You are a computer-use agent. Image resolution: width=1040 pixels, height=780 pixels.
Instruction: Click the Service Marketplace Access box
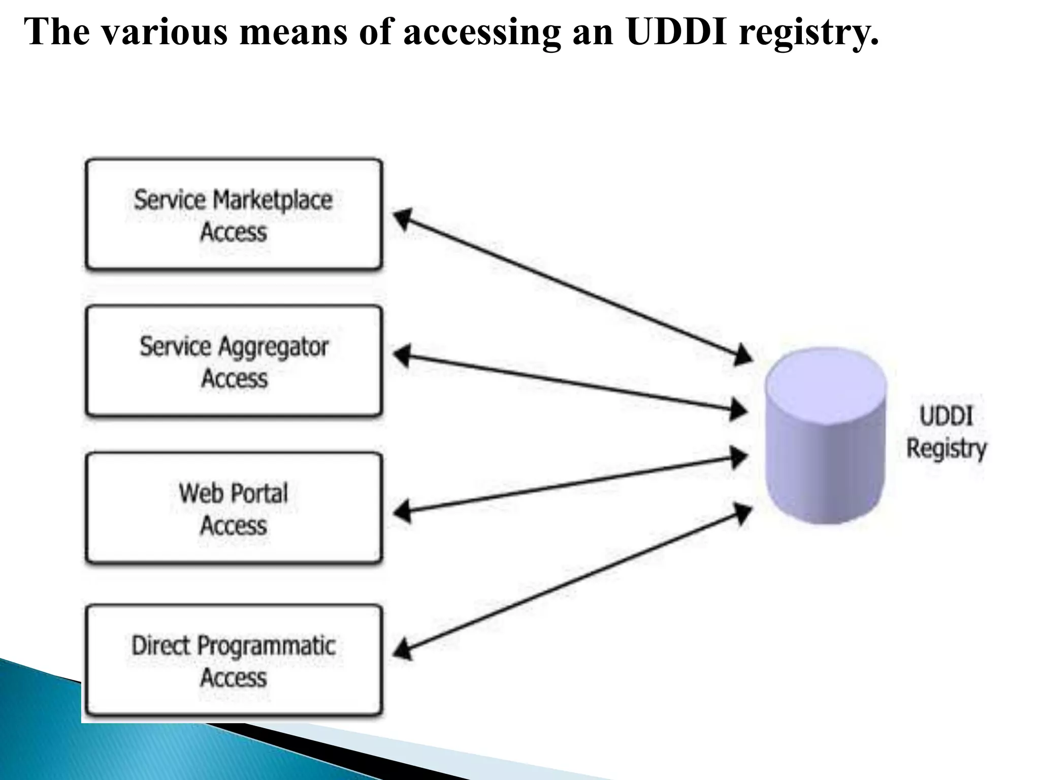click(234, 215)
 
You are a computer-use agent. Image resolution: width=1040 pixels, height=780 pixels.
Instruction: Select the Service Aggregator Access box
click(234, 362)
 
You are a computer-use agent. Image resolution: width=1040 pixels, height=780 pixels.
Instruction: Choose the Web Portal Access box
click(234, 508)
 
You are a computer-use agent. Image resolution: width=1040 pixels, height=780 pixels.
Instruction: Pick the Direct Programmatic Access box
click(234, 661)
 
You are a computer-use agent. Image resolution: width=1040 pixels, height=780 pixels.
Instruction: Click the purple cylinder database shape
click(825, 437)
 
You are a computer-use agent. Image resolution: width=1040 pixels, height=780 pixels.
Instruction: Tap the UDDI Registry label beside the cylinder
click(946, 432)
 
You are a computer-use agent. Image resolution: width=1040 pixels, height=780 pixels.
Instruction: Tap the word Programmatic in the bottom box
click(266, 646)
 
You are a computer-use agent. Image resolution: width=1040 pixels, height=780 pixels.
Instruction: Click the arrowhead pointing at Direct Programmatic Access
click(402, 649)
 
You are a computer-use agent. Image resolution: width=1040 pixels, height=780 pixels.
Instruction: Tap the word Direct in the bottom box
click(161, 645)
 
